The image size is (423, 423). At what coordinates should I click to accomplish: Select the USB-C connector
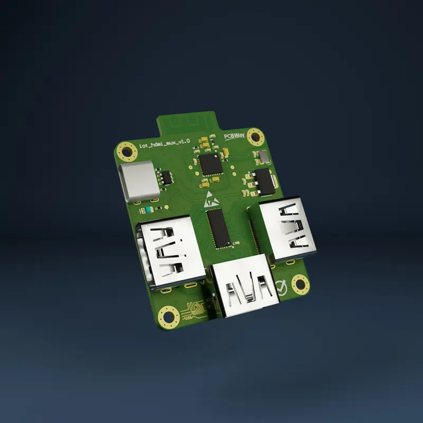click(x=140, y=182)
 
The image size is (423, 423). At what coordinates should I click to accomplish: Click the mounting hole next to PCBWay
click(x=256, y=137)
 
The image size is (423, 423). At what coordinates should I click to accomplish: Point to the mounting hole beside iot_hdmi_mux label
click(x=127, y=151)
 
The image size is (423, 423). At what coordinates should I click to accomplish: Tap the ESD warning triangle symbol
click(x=210, y=199)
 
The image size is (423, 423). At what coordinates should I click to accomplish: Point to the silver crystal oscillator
click(x=263, y=157)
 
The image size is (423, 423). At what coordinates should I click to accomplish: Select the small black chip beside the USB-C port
click(x=166, y=177)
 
